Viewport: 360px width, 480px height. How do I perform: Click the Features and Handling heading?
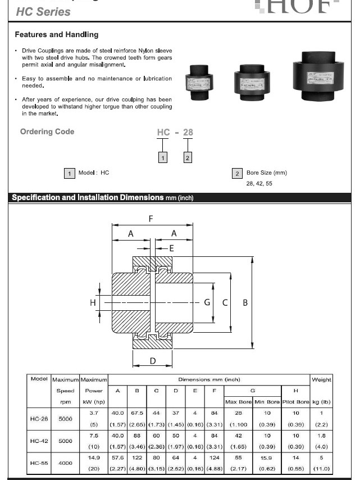click(x=56, y=35)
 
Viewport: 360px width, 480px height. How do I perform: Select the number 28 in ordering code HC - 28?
click(x=188, y=133)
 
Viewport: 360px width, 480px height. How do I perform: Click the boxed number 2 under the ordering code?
click(x=188, y=158)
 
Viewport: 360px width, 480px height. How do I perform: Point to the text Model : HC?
click(x=94, y=173)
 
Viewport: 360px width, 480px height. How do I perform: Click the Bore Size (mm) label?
click(x=266, y=173)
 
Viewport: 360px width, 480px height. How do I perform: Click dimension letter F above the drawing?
click(x=151, y=219)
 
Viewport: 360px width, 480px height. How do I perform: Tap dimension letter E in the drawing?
click(x=171, y=248)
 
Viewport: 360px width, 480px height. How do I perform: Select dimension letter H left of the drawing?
click(x=93, y=302)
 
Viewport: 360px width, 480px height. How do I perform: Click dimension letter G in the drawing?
click(x=207, y=302)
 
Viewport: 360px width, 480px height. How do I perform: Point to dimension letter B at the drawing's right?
click(x=245, y=302)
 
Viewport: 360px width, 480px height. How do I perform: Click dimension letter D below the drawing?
click(x=153, y=361)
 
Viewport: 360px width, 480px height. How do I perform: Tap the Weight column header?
click(x=321, y=380)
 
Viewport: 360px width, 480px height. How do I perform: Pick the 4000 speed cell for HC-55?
click(x=65, y=463)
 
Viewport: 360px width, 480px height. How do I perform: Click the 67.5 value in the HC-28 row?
click(x=137, y=413)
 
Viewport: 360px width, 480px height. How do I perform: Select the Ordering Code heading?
click(x=47, y=132)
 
